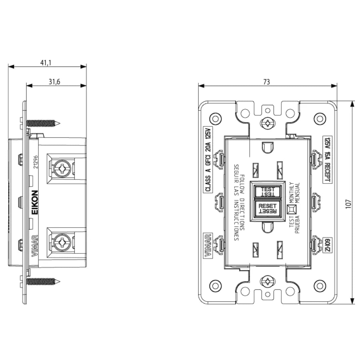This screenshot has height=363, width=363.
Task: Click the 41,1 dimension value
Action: pyautogui.click(x=46, y=63)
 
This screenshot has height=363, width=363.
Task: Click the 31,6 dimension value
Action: pyautogui.click(x=54, y=82)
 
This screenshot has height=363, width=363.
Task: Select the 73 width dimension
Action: pyautogui.click(x=267, y=82)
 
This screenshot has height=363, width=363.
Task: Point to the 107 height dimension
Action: pyautogui.click(x=348, y=204)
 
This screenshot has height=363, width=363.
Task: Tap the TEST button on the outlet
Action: pyautogui.click(x=268, y=192)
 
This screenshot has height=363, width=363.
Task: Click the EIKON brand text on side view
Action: pyautogui.click(x=35, y=202)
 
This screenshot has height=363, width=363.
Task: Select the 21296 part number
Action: pyautogui.click(x=35, y=162)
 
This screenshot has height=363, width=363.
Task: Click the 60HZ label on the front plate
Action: pyautogui.click(x=327, y=245)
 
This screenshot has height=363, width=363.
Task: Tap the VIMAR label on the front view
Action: pyautogui.click(x=208, y=245)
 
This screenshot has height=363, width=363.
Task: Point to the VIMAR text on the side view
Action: pyautogui.click(x=35, y=246)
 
